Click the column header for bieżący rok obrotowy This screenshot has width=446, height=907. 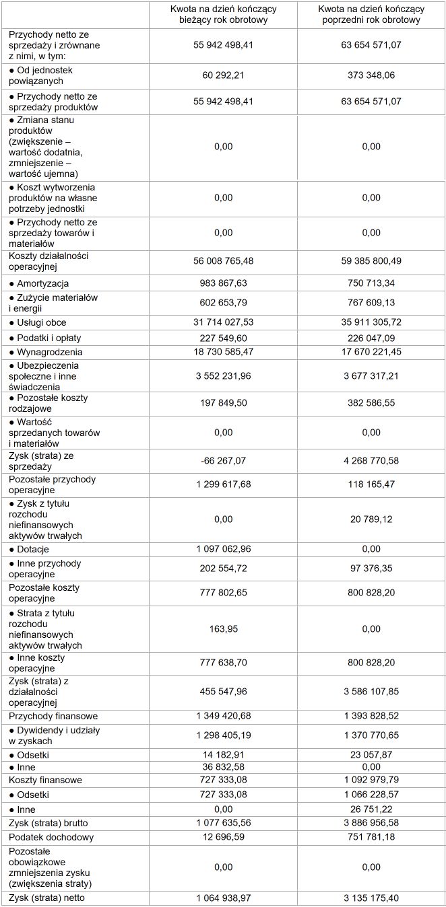coord(223,15)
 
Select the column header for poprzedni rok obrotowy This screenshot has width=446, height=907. coord(371,15)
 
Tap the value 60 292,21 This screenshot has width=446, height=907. coord(223,75)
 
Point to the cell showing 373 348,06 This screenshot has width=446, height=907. coord(371,75)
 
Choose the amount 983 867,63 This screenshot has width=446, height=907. coord(223,284)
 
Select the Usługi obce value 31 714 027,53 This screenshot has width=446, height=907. coord(223,323)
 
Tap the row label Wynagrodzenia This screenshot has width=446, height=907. coord(45,352)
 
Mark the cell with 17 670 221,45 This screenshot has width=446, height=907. coord(371,352)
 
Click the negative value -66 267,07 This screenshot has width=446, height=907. coord(223,461)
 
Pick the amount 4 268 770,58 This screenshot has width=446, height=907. coord(371,461)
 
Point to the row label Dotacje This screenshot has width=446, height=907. coord(33,550)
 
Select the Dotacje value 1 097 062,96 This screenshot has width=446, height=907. coord(223,550)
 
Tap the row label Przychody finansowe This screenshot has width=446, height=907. coord(53,716)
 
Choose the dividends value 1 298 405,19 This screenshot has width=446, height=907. coord(223,735)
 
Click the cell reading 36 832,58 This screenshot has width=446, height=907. coord(223,767)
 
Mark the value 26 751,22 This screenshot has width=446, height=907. coord(371,809)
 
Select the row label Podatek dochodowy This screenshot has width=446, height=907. coord(51,837)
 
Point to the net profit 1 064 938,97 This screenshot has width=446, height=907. coord(223,898)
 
